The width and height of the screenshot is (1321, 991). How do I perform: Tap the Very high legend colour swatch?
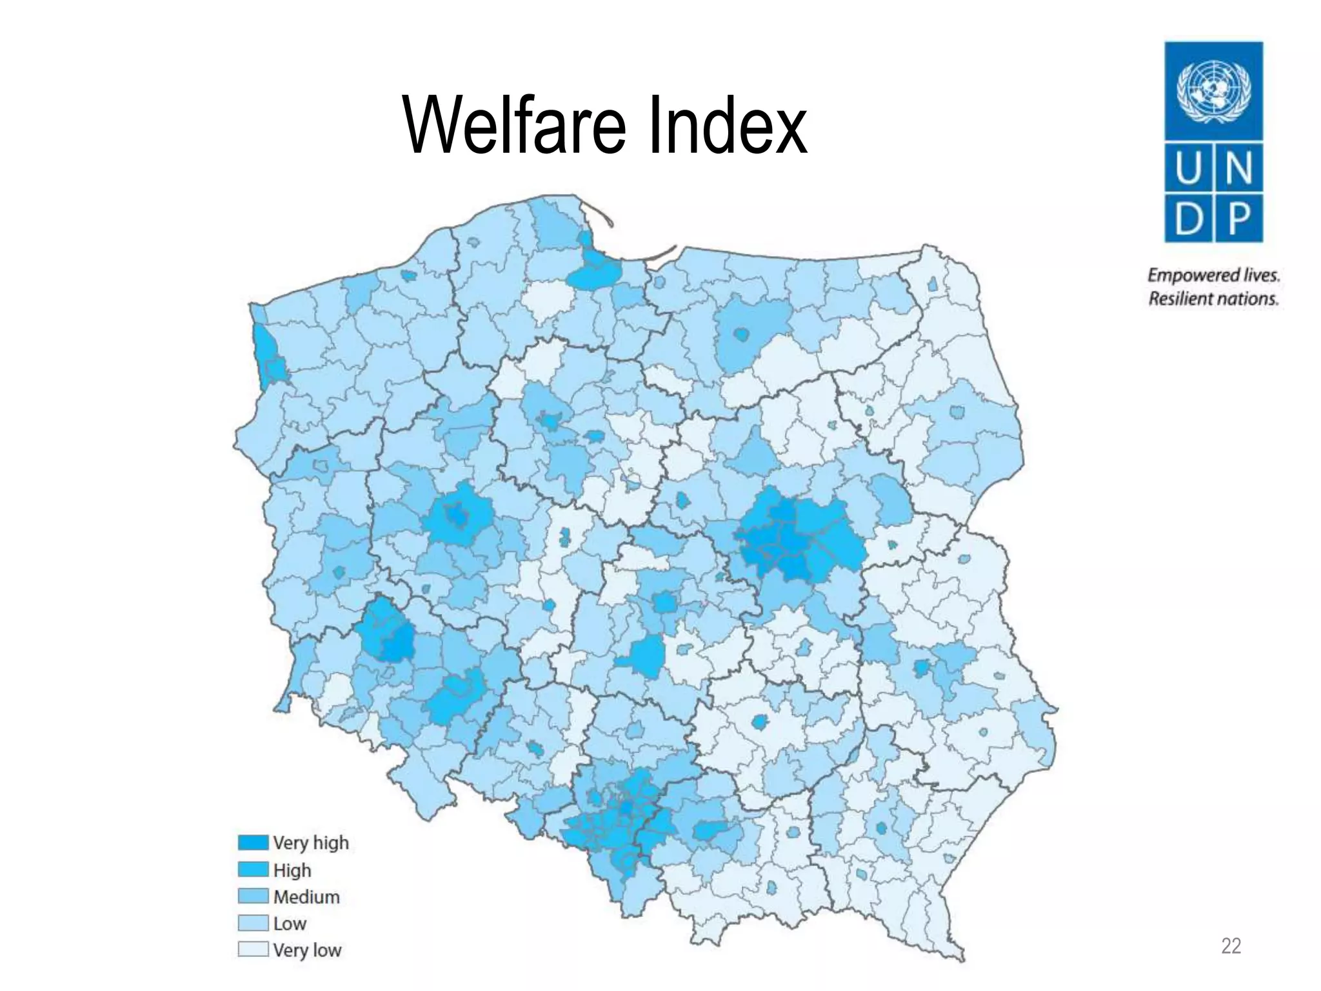point(253,843)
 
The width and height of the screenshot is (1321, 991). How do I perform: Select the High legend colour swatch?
point(253,870)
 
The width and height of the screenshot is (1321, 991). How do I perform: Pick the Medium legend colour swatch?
point(253,896)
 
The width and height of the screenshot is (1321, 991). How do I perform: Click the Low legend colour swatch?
point(253,923)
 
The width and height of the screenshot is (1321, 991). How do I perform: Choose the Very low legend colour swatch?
point(253,950)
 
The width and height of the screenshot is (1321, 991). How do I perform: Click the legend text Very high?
point(311,843)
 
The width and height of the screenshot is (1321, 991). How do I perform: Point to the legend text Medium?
point(306,897)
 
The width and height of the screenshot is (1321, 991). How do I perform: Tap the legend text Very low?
point(307,950)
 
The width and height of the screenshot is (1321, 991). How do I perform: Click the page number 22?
point(1231,946)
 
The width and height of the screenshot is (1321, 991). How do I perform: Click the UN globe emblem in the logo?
point(1213,91)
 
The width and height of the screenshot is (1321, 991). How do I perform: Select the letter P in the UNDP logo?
point(1239,219)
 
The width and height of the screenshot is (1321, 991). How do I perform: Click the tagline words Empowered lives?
point(1213,275)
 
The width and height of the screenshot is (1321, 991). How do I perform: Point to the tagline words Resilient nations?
point(1213,299)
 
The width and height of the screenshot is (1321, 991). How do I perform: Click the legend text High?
point(292,870)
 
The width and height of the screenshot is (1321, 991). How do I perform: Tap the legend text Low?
point(290,924)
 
